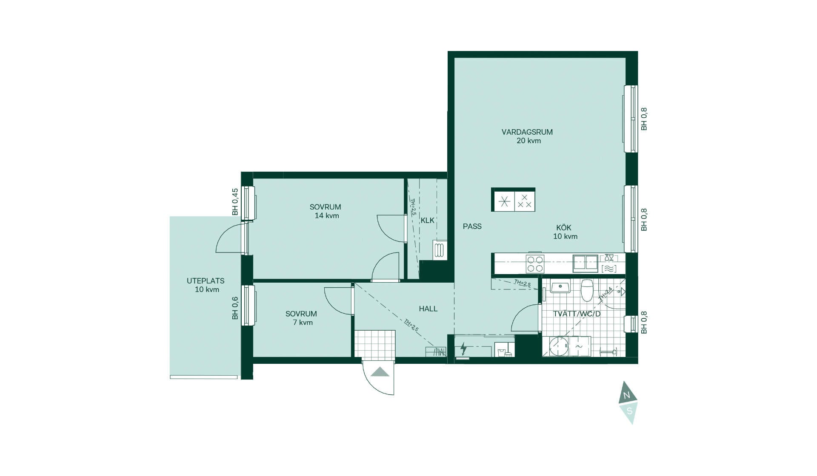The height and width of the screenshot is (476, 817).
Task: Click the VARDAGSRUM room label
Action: pyautogui.click(x=527, y=132)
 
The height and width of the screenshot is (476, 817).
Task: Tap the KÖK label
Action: pyautogui.click(x=564, y=227)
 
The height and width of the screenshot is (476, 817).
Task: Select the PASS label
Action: pyautogui.click(x=472, y=227)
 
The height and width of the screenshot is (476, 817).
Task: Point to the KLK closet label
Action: pyautogui.click(x=428, y=220)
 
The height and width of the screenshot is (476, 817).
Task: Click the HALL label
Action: pyautogui.click(x=428, y=309)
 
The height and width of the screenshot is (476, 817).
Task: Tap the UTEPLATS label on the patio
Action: pyautogui.click(x=206, y=281)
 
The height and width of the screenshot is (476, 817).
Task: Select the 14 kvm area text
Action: pyautogui.click(x=327, y=216)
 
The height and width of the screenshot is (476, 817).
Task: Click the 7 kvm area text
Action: pyautogui.click(x=303, y=323)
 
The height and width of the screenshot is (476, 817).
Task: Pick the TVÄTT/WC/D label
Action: pyautogui.click(x=577, y=314)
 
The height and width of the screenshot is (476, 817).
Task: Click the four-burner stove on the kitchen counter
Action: pyautogui.click(x=535, y=264)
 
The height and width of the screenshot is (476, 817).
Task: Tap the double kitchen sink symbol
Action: pyautogui.click(x=586, y=263)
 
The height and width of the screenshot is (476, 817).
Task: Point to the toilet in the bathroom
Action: pyautogui.click(x=587, y=290)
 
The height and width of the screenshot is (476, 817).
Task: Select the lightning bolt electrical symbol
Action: pyautogui.click(x=463, y=349)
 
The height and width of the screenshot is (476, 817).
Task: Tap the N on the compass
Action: pyautogui.click(x=626, y=396)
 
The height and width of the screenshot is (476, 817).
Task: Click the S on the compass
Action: pyautogui.click(x=630, y=411)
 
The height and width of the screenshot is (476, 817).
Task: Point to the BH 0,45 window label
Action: pyautogui.click(x=235, y=202)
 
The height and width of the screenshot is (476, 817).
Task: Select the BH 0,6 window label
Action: pyautogui.click(x=235, y=308)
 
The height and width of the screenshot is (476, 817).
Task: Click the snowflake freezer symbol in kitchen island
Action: pyautogui.click(x=504, y=201)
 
